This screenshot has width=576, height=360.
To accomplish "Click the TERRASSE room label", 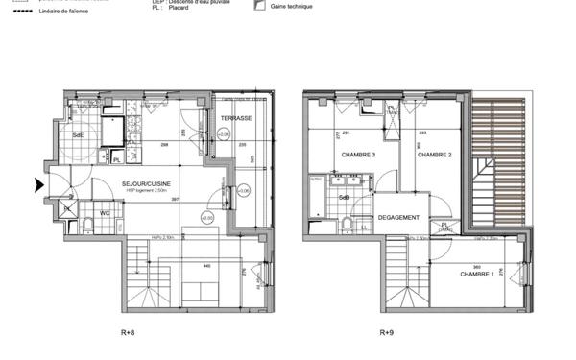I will [235, 118].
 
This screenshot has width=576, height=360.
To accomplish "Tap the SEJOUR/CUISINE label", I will [146, 181].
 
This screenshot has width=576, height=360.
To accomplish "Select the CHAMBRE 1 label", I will [477, 275].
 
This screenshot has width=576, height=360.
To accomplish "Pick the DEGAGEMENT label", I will [399, 217].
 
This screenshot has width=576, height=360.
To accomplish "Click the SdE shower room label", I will [78, 135].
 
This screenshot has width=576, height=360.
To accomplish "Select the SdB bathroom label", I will [344, 198].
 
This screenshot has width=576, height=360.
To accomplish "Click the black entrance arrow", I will [38, 185].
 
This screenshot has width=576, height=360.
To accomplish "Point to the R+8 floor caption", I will [128, 333].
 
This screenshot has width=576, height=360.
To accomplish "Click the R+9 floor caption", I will [386, 333].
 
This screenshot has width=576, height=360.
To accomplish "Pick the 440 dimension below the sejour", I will [206, 266].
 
